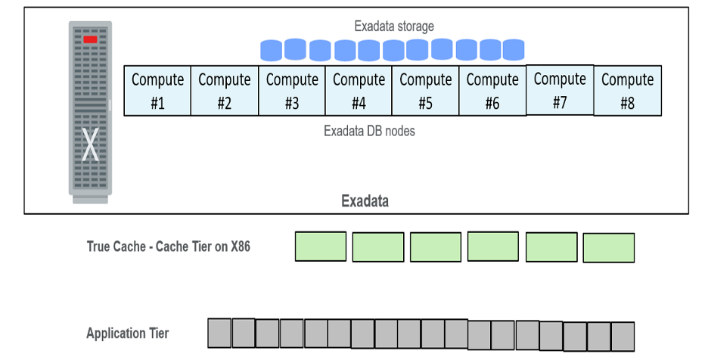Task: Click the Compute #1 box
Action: (157, 91)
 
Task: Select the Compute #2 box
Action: (225, 91)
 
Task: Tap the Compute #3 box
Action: (292, 91)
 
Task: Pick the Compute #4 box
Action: (359, 91)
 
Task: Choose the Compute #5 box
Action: (426, 91)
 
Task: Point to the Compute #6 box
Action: (492, 91)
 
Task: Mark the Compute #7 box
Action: (560, 90)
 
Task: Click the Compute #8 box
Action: (628, 91)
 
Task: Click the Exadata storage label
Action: (394, 26)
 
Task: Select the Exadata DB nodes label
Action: (369, 131)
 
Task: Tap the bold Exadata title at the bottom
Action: (365, 201)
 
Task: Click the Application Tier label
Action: (128, 334)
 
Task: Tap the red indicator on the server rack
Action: (91, 39)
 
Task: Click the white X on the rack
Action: (91, 146)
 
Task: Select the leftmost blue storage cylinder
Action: (272, 51)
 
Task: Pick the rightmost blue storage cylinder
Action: (514, 50)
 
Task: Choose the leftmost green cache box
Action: (320, 247)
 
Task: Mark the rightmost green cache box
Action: (609, 247)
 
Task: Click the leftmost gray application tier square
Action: (219, 333)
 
